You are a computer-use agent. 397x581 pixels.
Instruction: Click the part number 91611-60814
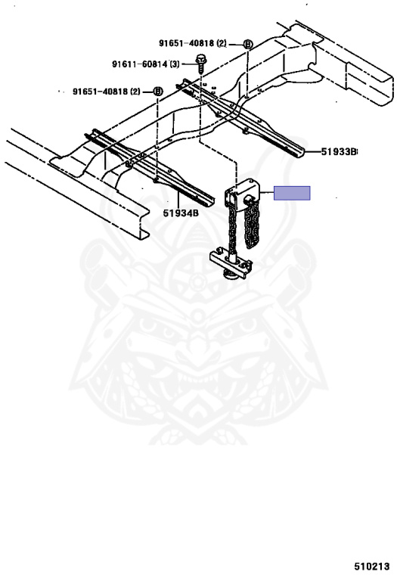(x=140, y=64)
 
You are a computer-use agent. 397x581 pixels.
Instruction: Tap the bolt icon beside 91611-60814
(x=200, y=64)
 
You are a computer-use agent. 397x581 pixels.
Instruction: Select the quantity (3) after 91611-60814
(x=175, y=64)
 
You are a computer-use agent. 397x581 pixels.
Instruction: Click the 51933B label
(x=338, y=151)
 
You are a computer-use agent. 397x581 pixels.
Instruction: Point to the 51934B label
(x=181, y=213)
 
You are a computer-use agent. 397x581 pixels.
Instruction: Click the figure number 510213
(x=372, y=566)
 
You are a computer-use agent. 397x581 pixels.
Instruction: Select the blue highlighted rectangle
(x=292, y=193)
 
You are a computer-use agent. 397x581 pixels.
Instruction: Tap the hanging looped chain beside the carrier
(x=252, y=225)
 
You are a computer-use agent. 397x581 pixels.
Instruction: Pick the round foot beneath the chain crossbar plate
(x=231, y=275)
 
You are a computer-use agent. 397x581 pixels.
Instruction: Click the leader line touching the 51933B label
(x=312, y=151)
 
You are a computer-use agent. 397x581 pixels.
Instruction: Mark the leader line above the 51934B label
(x=178, y=195)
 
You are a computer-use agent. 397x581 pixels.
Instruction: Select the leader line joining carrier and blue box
(x=267, y=193)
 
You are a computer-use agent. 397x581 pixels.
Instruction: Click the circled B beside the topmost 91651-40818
(x=248, y=45)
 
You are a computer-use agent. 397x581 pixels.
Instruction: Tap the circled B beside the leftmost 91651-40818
(x=158, y=91)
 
